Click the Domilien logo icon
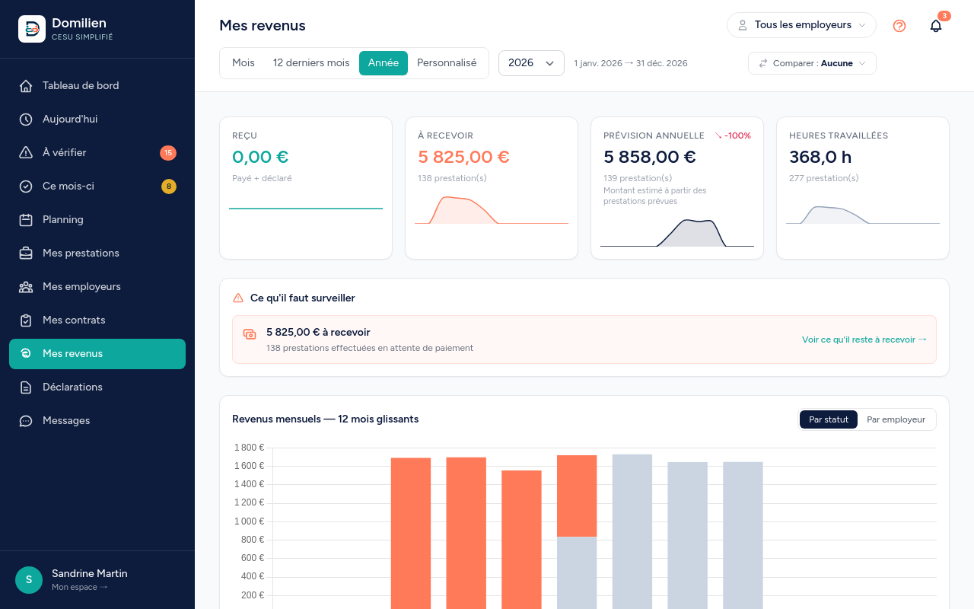[x=32, y=29]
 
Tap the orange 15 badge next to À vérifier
[x=168, y=153]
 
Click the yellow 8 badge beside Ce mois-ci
[x=169, y=187]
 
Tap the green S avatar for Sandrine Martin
[x=29, y=580]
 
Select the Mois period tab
[x=243, y=63]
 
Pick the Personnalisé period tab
[x=447, y=63]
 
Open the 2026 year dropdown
[x=531, y=63]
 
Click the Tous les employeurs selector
[x=801, y=25]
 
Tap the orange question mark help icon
[x=899, y=26]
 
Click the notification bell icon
[x=936, y=26]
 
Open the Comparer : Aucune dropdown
[x=812, y=63]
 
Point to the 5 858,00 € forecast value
[x=650, y=157]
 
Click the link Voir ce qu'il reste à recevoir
[x=864, y=340]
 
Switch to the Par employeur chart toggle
[x=896, y=419]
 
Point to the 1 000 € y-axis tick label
[x=249, y=521]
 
